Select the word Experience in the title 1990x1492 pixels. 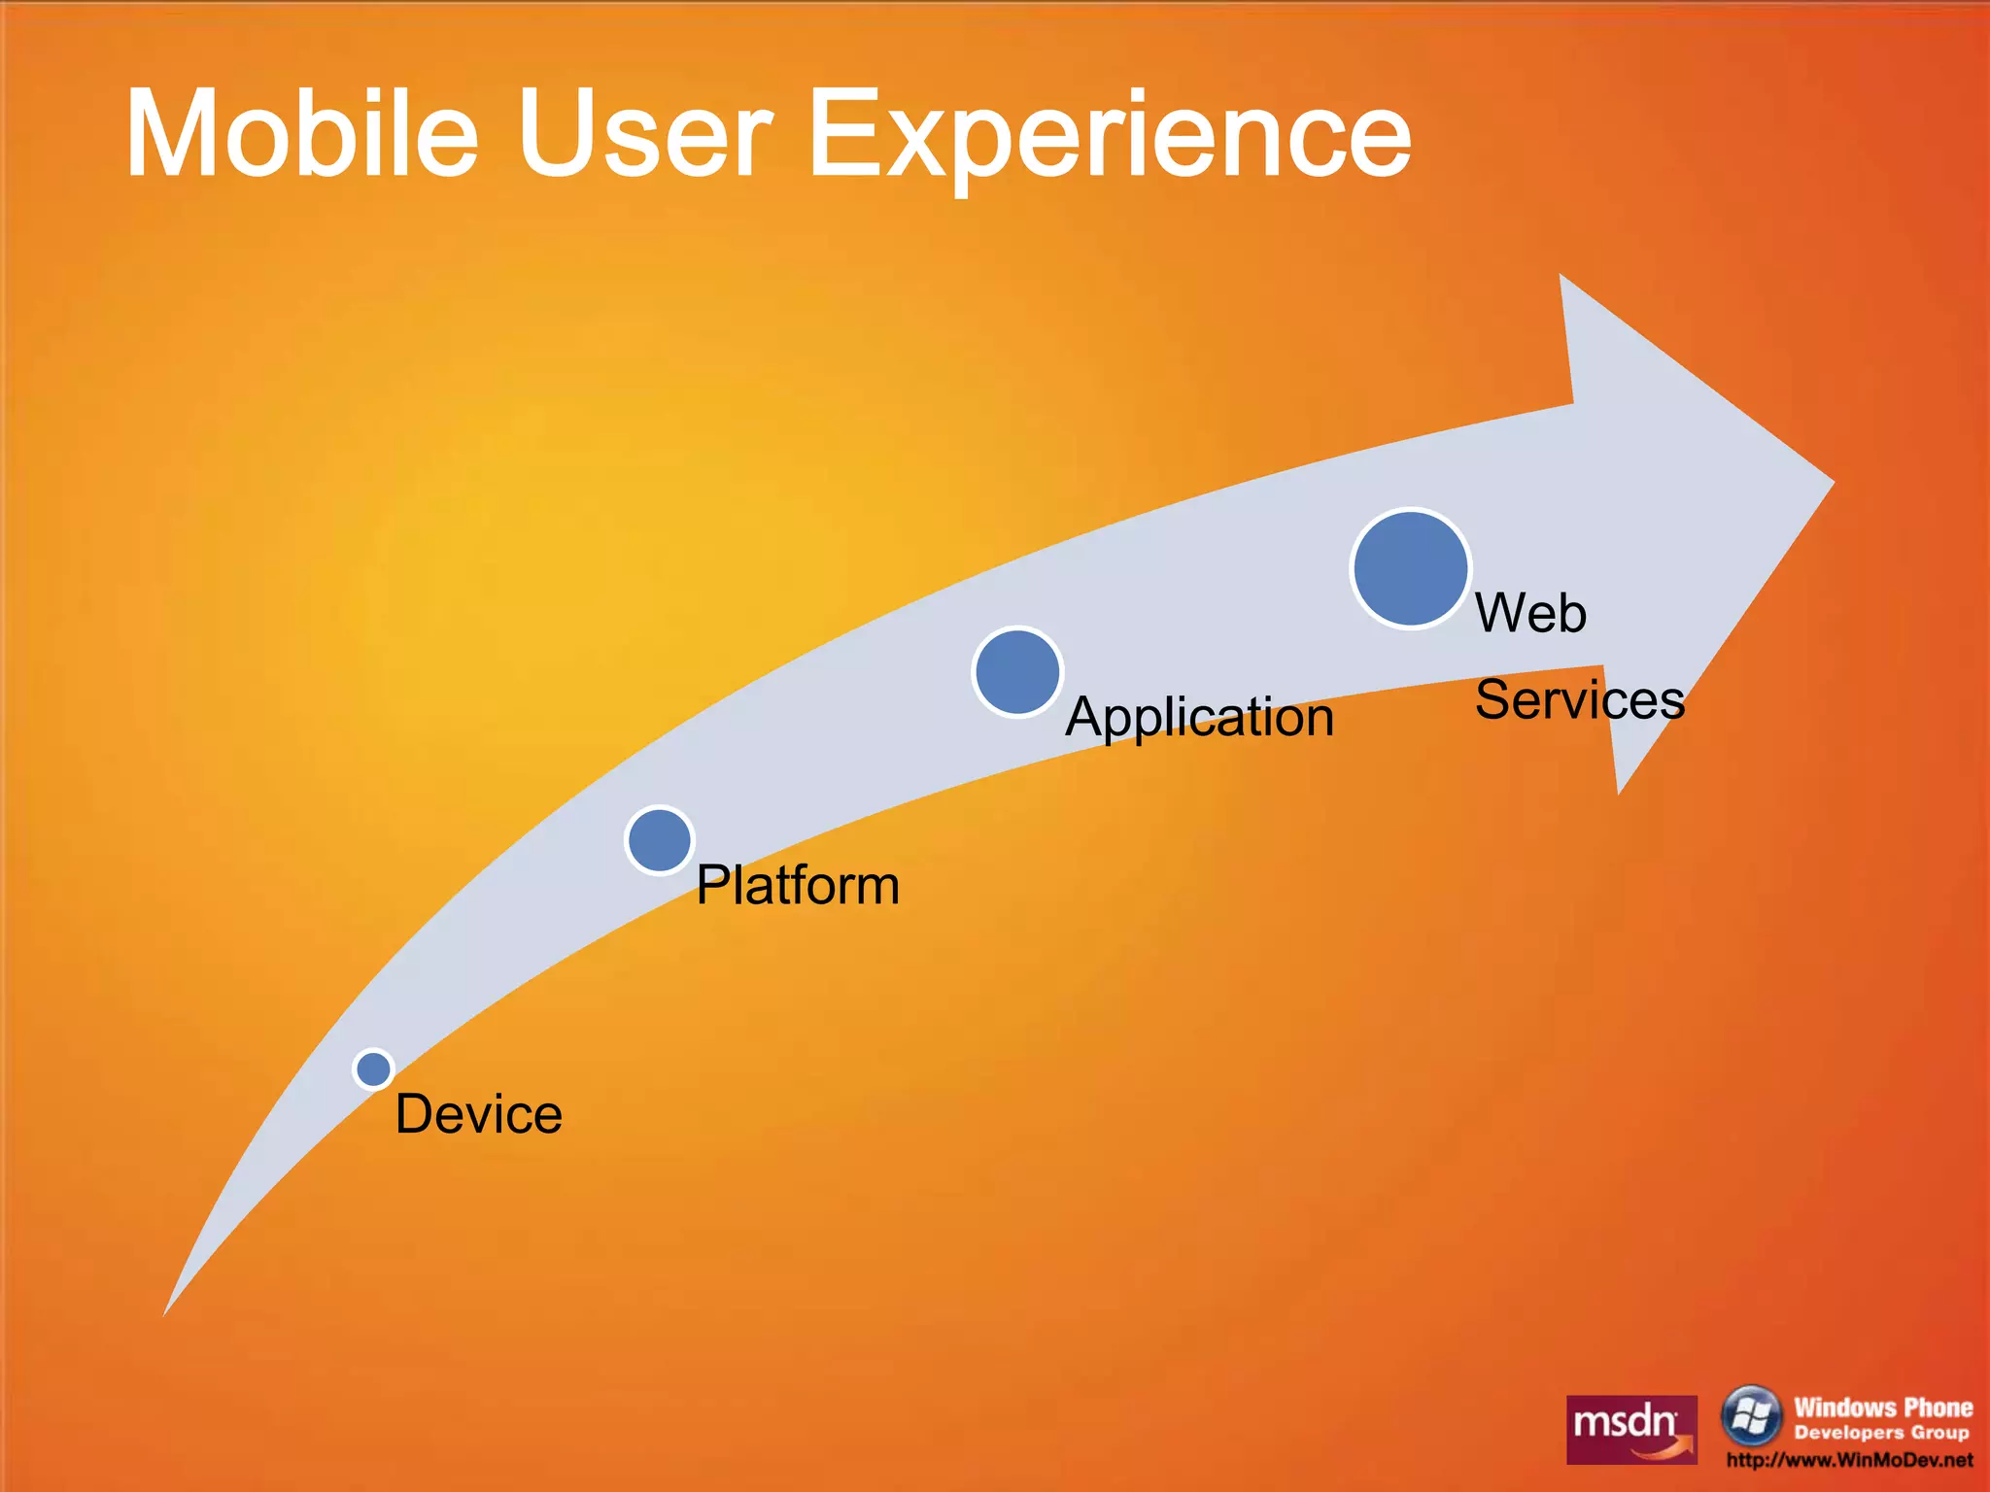[1108, 136]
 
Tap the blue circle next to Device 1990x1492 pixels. [373, 1068]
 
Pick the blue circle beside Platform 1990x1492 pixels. [660, 840]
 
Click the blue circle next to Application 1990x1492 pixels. [1017, 672]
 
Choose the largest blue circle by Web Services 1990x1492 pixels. [1410, 568]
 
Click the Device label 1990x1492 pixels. [478, 1114]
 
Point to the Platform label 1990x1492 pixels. [798, 885]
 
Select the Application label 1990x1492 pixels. [1199, 718]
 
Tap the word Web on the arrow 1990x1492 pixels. [1530, 613]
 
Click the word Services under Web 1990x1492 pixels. [1579, 699]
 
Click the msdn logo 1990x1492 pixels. [1631, 1429]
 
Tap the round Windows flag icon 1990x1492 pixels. [1750, 1415]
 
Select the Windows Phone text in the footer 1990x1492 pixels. [1882, 1407]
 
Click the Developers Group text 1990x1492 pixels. [1881, 1433]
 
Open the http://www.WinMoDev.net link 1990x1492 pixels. [1849, 1460]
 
